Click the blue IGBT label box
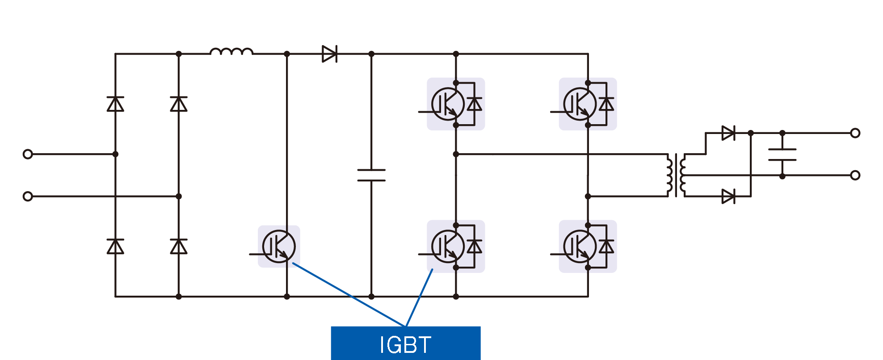405,343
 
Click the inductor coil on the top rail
231,52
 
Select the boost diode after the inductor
329,54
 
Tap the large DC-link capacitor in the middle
371,175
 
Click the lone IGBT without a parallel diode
279,246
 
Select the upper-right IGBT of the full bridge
580,104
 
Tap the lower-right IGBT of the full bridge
580,246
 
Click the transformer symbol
676,175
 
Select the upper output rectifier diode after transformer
728,133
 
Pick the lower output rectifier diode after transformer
728,196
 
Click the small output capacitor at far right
782,155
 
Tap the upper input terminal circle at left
28,154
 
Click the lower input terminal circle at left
28,196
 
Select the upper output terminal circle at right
855,133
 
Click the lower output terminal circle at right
855,175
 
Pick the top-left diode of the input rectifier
115,104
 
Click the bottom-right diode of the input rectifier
179,246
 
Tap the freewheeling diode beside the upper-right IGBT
606,104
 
